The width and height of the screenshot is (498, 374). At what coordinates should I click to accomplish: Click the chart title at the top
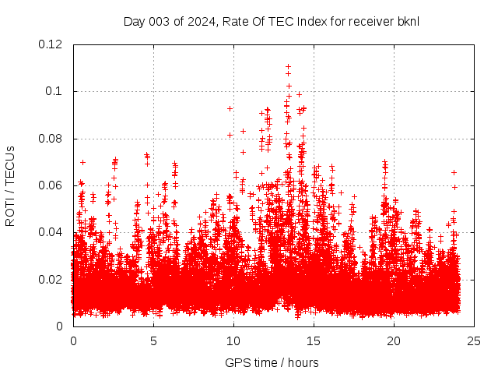pyautogui.click(x=271, y=21)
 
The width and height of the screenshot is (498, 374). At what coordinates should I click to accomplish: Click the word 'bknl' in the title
pyautogui.click(x=408, y=21)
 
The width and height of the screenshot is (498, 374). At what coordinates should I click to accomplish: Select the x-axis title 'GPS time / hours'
pyautogui.click(x=271, y=362)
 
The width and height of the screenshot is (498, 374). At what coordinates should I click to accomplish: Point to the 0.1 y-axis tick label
pyautogui.click(x=56, y=91)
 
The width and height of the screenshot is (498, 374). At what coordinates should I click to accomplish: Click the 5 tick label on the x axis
pyautogui.click(x=153, y=340)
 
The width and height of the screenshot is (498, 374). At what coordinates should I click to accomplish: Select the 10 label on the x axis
pyautogui.click(x=233, y=340)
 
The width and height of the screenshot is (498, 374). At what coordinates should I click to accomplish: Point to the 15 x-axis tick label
pyautogui.click(x=314, y=340)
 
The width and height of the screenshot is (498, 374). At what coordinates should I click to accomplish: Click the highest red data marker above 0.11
pyautogui.click(x=289, y=67)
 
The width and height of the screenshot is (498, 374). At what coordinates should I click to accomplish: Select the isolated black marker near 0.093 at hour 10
pyautogui.click(x=230, y=108)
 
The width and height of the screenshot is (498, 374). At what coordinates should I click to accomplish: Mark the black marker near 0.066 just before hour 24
pyautogui.click(x=454, y=172)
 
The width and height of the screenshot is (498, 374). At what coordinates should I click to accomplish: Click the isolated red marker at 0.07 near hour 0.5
pyautogui.click(x=82, y=162)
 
